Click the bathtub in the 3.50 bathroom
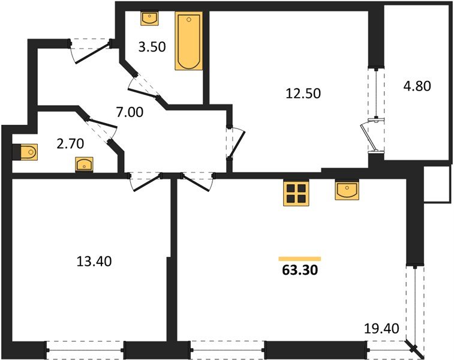click(189, 42)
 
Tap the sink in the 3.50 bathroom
click(149, 19)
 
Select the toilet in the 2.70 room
click(26, 152)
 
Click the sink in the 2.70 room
click(84, 163)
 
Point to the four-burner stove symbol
click(295, 194)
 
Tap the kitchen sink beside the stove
click(347, 191)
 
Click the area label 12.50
click(303, 93)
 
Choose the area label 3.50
click(151, 47)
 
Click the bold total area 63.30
click(299, 270)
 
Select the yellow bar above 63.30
click(299, 258)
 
